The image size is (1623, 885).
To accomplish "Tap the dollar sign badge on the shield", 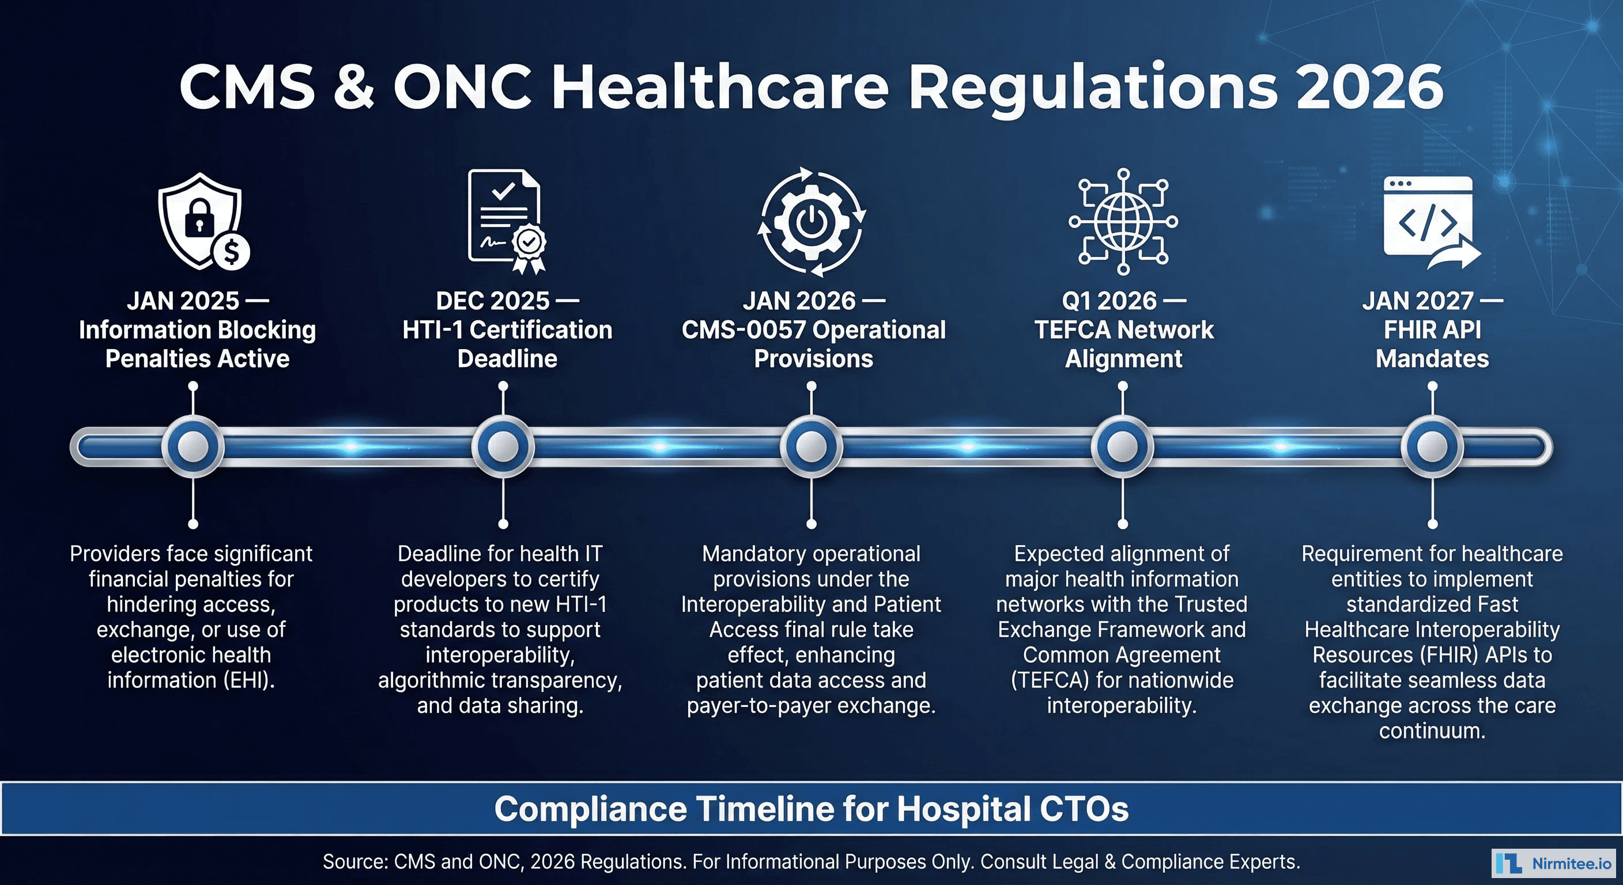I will tap(232, 252).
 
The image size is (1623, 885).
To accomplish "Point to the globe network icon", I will tap(1123, 221).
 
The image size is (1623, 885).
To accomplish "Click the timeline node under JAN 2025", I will tap(193, 447).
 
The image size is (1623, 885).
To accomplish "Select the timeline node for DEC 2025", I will tap(503, 447).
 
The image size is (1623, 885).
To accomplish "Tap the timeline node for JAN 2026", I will tap(811, 447).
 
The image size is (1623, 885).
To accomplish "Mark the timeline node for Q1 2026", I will tap(1122, 447).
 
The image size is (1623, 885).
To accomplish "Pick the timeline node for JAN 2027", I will tap(1432, 447).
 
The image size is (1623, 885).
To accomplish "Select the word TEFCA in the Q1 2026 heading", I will tap(1073, 330).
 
